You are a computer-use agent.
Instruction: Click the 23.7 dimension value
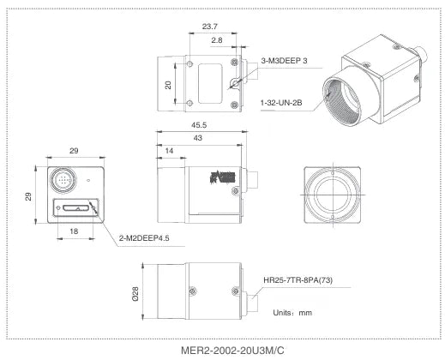coord(210,27)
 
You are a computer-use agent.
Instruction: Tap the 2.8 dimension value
coord(217,40)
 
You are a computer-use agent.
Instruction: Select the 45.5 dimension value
coord(199,125)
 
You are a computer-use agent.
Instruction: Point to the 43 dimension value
coord(198,138)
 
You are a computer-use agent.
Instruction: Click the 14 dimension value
coord(169,151)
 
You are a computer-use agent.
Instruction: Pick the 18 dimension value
coord(74,231)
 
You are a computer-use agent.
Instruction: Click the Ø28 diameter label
coord(135,294)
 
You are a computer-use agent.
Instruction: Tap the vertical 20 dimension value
coord(168,85)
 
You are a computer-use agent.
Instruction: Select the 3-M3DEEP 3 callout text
coord(284,61)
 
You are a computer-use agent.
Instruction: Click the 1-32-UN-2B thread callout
coord(281,102)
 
